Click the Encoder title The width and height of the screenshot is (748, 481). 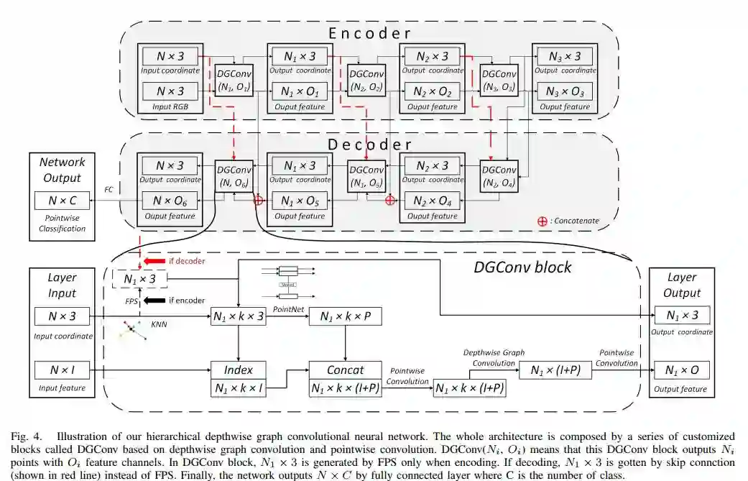click(x=369, y=33)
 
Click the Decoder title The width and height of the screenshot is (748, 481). click(x=369, y=144)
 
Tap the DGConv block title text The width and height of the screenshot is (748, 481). click(x=522, y=267)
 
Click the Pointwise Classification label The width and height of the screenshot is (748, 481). click(x=61, y=224)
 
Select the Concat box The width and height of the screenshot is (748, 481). click(x=345, y=371)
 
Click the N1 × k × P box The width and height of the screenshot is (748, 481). click(x=345, y=316)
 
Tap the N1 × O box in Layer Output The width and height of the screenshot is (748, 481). click(x=681, y=370)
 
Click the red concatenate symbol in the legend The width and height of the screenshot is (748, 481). click(x=542, y=221)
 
